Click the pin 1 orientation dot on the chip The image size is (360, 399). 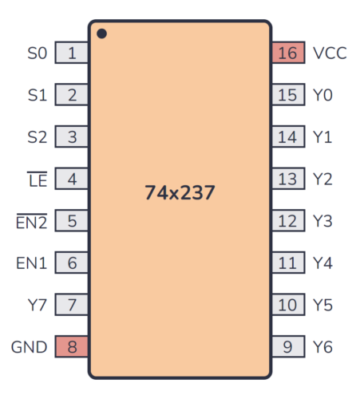click(101, 34)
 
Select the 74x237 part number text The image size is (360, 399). click(180, 192)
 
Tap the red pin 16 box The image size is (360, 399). click(287, 53)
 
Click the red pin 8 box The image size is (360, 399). click(72, 346)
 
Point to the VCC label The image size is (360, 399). click(329, 53)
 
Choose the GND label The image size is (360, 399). click(28, 346)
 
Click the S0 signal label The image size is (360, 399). click(38, 53)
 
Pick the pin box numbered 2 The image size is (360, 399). click(72, 95)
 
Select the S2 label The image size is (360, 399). click(38, 137)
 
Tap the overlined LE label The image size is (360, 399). click(38, 180)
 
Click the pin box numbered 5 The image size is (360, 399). click(72, 221)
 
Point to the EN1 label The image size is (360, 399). click(32, 263)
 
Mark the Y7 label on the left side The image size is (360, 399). click(38, 304)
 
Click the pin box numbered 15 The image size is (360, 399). click(287, 95)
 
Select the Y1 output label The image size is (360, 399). click(322, 137)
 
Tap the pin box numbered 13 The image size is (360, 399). click(287, 179)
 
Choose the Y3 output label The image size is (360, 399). click(322, 221)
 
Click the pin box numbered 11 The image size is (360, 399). click(287, 263)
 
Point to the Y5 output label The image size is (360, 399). click(322, 304)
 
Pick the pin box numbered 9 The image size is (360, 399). click(287, 346)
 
